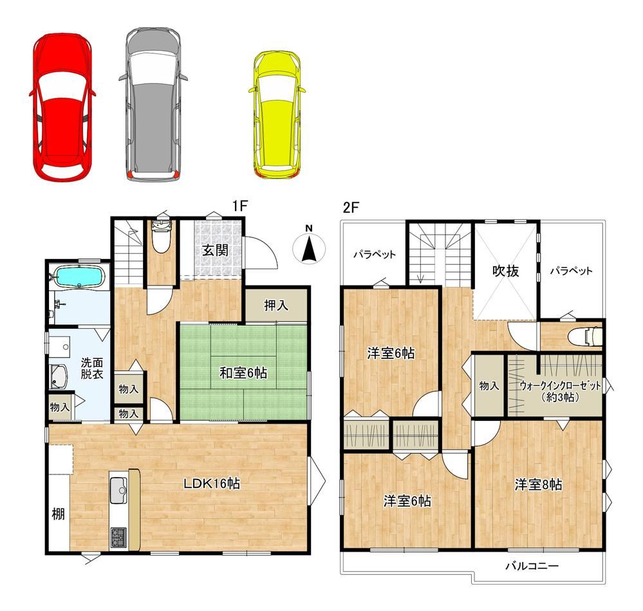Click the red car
pos(62,106)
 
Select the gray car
pos(153,104)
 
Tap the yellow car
pos(277,115)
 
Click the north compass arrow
pos(309,249)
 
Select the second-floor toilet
pos(585,336)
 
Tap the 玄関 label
pos(215,250)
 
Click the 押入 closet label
pos(276,305)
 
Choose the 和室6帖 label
pos(243,373)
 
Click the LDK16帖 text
pos(212,483)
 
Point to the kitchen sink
pos(118,489)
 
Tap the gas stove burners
pos(118,537)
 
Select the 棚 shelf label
pos(58,514)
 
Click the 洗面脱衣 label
pos(92,368)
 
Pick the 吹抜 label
pos(506,271)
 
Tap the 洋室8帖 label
pos(539,485)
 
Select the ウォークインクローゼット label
pos(560,386)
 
